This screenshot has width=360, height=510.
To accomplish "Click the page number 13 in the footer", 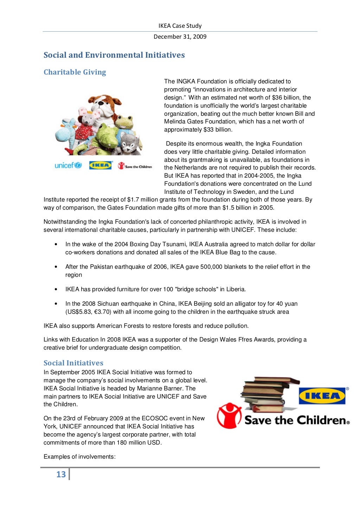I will point(61,474).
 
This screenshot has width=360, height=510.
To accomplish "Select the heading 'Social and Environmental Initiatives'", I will point(114,55).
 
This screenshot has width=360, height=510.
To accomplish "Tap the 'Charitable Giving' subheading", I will point(75,72).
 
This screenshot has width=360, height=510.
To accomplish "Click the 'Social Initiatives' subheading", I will point(73,363).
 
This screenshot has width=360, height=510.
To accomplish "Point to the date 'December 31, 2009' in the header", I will point(180,37).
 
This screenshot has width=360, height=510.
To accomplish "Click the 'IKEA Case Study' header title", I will point(180,26).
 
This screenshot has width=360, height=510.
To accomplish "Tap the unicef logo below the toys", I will point(68,165).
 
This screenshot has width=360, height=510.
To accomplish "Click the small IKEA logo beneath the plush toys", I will point(100,165).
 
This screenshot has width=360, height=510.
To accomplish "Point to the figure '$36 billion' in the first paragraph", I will point(286,97).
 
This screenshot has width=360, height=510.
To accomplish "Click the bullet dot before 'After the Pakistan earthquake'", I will point(56,267).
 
